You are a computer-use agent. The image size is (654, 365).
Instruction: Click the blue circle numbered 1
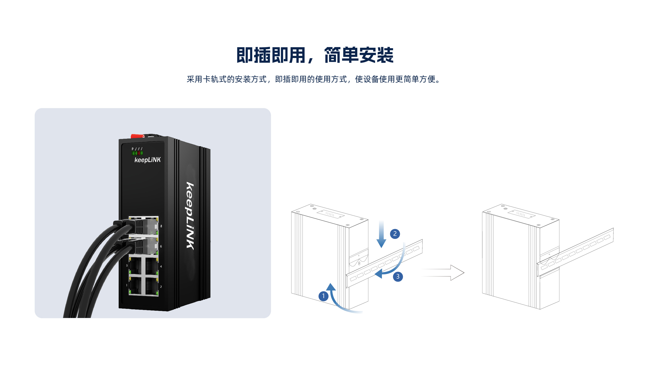click(323, 296)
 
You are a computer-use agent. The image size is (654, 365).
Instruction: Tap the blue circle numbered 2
click(395, 234)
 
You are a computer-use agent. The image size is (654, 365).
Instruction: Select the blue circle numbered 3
click(398, 277)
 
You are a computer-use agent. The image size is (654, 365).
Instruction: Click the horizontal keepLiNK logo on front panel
click(148, 160)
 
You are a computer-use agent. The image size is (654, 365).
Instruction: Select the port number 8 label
click(161, 226)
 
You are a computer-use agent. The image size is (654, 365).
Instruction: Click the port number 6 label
click(161, 246)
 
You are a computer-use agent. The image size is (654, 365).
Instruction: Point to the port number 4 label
click(161, 266)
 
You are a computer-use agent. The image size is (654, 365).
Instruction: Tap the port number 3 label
click(127, 266)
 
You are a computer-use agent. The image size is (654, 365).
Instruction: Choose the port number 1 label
click(127, 285)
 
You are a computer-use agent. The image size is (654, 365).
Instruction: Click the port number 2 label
click(161, 287)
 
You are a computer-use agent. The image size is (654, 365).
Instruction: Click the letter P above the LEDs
click(132, 149)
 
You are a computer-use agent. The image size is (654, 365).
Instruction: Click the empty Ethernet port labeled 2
click(151, 286)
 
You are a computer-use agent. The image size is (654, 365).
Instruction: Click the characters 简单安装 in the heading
click(359, 55)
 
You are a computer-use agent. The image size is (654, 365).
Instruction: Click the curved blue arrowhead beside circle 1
click(331, 287)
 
